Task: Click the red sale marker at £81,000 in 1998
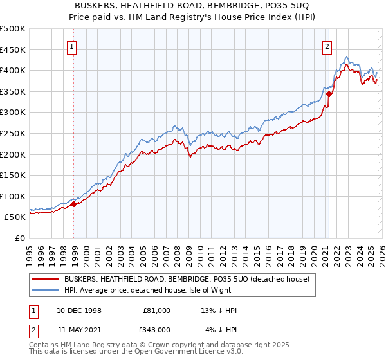click(x=74, y=204)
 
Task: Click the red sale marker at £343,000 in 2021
click(x=329, y=94)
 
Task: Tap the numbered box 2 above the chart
click(x=327, y=46)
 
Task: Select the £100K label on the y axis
click(x=14, y=196)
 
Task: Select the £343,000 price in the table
click(x=157, y=330)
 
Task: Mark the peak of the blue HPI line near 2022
click(x=347, y=56)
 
